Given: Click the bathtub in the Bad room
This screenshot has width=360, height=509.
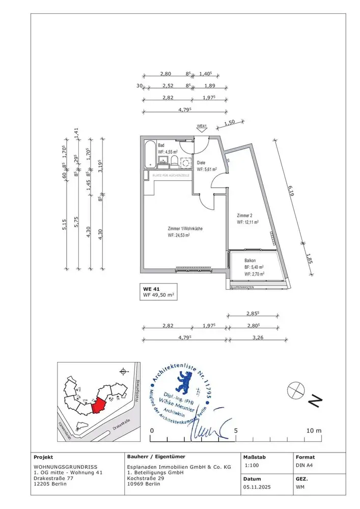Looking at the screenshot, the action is pyautogui.click(x=149, y=155).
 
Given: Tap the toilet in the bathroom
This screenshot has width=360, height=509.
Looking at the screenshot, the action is pyautogui.click(x=174, y=161).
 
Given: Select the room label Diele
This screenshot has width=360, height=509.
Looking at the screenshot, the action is pyautogui.click(x=201, y=163).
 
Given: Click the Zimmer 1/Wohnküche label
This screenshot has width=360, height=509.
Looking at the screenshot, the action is pyautogui.click(x=185, y=229).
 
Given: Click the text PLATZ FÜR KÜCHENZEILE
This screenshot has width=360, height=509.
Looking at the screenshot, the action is pyautogui.click(x=171, y=176).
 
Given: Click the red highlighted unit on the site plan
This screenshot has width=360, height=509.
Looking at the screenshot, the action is pyautogui.click(x=98, y=406).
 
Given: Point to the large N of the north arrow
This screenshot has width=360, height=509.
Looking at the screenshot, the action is pyautogui.click(x=315, y=401).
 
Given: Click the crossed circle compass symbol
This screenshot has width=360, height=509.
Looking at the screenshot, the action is pyautogui.click(x=294, y=390).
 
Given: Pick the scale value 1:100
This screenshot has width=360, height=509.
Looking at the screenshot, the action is pyautogui.click(x=251, y=466).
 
